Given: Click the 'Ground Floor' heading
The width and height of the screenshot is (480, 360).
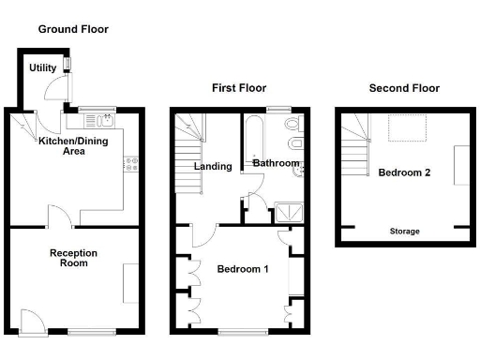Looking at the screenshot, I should point(73,29).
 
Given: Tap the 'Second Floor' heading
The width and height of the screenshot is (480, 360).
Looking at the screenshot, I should point(403,88).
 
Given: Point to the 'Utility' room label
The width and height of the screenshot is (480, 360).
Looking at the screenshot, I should point(42,68).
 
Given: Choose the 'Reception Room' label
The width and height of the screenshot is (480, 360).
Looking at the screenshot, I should point(74,258).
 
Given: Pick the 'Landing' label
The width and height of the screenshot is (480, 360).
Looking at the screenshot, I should point(213,166).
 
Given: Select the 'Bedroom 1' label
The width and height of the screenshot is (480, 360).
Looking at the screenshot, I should point(243,269).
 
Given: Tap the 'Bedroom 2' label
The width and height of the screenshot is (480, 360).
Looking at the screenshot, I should point(404,173).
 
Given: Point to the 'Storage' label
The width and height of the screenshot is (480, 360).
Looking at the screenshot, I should point(404,231).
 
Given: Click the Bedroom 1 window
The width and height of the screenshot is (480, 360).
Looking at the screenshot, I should point(243,331).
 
